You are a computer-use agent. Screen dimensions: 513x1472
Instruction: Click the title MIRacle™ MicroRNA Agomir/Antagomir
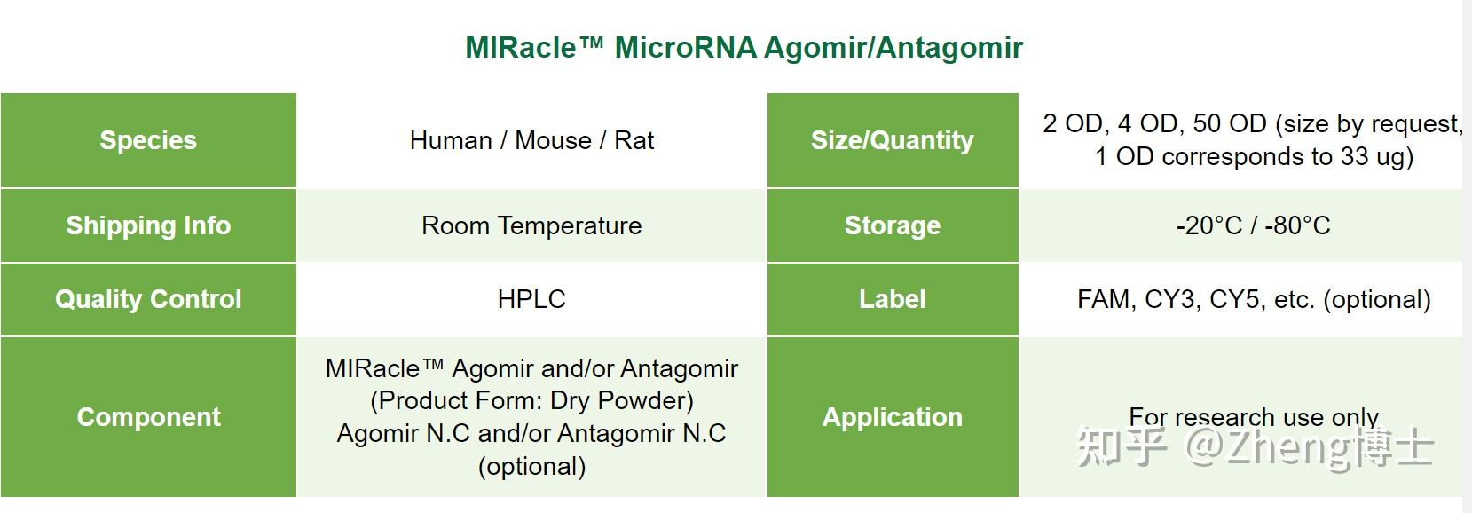744,47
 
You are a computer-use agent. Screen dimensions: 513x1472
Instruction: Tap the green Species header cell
148,140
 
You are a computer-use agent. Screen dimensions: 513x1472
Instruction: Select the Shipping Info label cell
148,225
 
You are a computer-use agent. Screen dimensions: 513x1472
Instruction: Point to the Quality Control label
148,299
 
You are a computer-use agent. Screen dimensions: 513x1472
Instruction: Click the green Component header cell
148,417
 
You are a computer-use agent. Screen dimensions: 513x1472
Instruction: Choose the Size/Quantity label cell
892,140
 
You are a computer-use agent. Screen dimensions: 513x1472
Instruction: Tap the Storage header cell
892,225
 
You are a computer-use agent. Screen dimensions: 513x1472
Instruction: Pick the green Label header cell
892,299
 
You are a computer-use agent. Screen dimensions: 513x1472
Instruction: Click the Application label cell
892,417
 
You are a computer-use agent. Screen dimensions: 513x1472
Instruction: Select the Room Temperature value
531,225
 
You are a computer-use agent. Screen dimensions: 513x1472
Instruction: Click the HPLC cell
531,299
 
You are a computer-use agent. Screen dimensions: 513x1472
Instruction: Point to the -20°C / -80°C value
1253,225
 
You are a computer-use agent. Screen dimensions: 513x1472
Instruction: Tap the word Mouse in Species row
553,140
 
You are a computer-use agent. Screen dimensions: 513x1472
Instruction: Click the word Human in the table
451,140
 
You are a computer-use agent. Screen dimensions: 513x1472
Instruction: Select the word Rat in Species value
634,140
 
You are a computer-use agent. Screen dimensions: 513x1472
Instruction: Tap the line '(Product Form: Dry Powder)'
531,400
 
